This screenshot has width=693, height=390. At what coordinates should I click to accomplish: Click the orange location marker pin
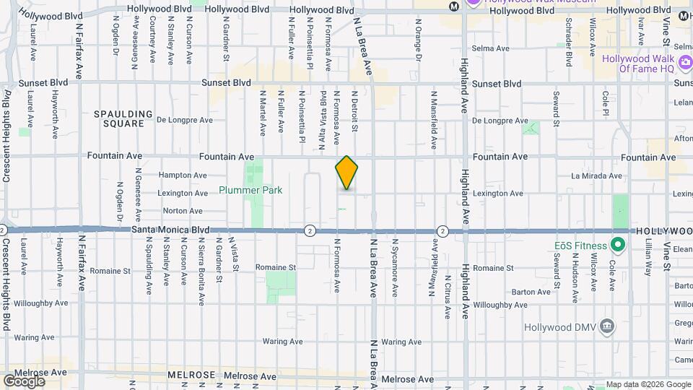pos(346,173)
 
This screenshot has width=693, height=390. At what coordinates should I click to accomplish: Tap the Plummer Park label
pos(250,191)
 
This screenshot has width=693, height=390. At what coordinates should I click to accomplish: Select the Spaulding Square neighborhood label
pos(123,118)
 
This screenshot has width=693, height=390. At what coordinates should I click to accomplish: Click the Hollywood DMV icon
pos(608,327)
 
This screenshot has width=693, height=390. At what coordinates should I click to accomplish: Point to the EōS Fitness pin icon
pos(617,244)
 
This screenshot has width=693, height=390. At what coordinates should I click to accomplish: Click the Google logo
pos(24,381)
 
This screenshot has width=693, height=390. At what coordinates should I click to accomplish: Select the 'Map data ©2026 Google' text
pos(648,384)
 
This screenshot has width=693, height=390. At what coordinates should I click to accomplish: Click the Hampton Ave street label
pos(183,175)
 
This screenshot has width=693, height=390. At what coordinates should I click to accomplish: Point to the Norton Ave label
pos(183,211)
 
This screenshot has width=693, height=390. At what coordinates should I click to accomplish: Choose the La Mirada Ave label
pos(596,175)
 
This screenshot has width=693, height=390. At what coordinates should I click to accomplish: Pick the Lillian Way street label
pos(648,259)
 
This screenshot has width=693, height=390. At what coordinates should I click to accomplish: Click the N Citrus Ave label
pos(448,297)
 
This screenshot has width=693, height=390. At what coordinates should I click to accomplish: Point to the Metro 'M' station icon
pos(453,6)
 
